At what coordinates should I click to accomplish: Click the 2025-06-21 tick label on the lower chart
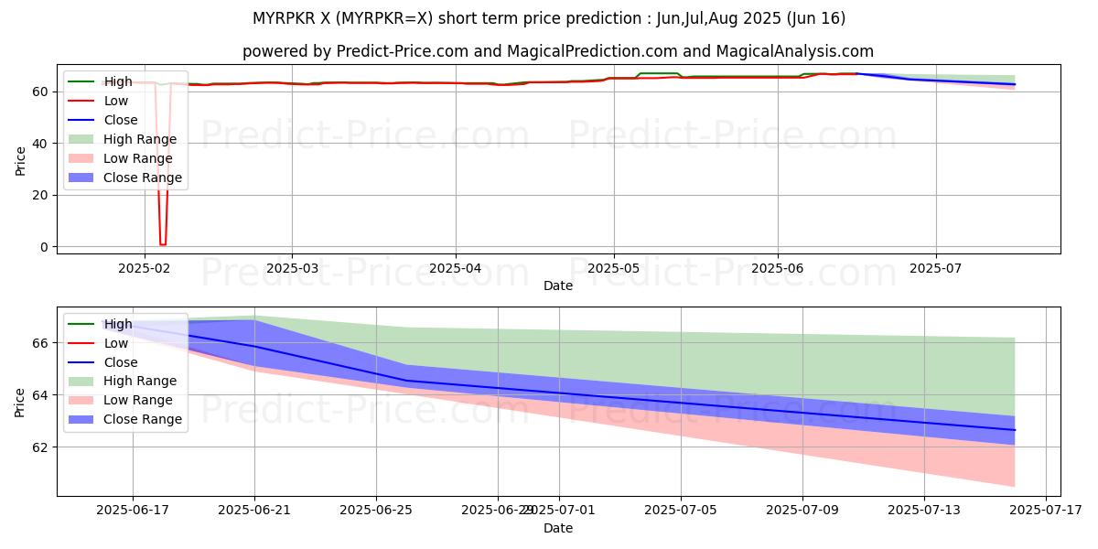coord(254,509)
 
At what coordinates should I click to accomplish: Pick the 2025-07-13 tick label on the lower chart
coord(924,509)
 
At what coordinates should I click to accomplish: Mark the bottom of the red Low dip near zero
coord(163,244)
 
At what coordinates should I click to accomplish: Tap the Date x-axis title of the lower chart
coord(558,528)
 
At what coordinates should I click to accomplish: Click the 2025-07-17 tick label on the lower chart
coord(1046,509)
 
